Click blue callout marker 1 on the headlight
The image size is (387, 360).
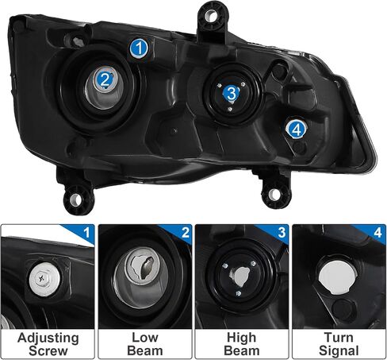[139, 48]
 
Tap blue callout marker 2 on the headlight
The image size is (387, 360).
[105, 79]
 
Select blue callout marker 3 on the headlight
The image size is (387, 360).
[232, 93]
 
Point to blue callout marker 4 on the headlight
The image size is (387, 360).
[297, 130]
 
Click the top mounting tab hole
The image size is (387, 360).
[211, 16]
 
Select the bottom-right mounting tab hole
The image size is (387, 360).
[274, 195]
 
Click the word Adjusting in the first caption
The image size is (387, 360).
[48, 338]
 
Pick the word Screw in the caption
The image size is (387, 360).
[48, 350]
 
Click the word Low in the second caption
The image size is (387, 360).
[145, 338]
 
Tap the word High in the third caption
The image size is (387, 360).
[241, 338]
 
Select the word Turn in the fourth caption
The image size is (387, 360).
[339, 338]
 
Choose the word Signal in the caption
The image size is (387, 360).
[339, 351]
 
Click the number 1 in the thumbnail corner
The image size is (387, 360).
[86, 233]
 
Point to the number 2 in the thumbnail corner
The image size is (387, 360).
[186, 233]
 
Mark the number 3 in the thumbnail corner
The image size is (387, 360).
[282, 233]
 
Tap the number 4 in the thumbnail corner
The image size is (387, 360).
[378, 233]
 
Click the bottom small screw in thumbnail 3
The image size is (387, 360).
[238, 292]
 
